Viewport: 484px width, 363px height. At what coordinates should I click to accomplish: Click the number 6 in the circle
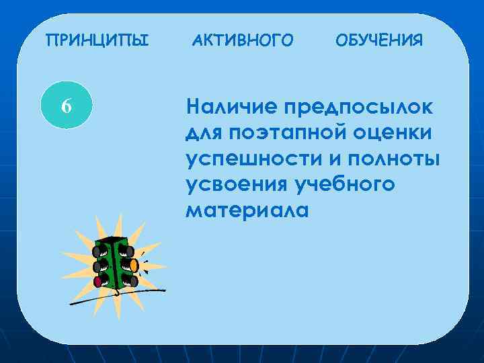pyautogui.click(x=65, y=106)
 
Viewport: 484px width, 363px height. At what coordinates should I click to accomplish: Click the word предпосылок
pyautogui.click(x=359, y=107)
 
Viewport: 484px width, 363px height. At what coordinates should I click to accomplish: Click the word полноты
pyautogui.click(x=395, y=159)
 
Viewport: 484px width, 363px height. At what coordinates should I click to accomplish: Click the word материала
pyautogui.click(x=247, y=211)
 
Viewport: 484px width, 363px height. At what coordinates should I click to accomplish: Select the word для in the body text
pyautogui.click(x=204, y=133)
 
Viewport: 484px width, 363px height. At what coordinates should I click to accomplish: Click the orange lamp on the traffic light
pyautogui.click(x=134, y=265)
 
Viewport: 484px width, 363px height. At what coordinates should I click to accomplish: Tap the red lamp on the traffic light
pyautogui.click(x=98, y=282)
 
